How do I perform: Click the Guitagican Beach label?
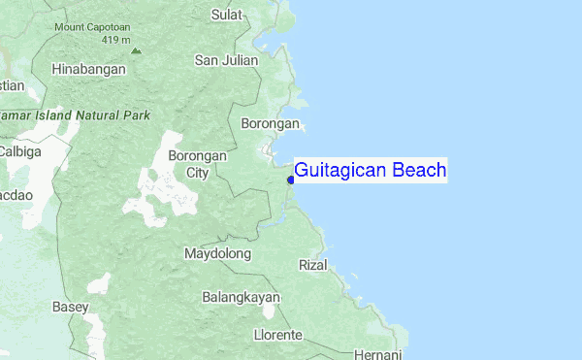pos(370,171)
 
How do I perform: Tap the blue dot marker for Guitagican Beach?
pos(291,180)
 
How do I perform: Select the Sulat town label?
pos(228,15)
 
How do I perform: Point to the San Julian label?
pos(226,60)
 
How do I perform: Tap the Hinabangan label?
pos(88,70)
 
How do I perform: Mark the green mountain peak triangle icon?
pos(136,49)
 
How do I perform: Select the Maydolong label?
pos(217,254)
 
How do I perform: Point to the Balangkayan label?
pos(241,297)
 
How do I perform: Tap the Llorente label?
pos(277,335)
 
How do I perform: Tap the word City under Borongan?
pos(197,174)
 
